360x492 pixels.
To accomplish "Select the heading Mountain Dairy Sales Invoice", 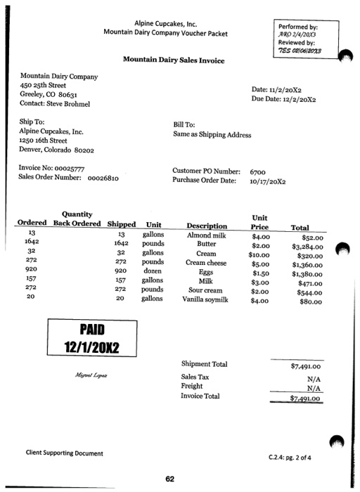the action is [174, 60].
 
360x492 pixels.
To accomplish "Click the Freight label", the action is [192, 386].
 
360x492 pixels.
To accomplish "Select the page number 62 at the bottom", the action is [169, 479].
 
